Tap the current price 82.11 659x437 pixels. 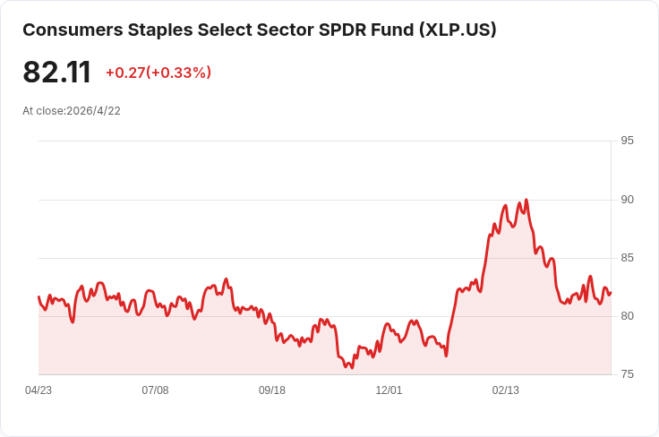[x=57, y=73]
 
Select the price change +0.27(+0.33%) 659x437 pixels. [x=158, y=73]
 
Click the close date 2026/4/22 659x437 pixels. [x=93, y=111]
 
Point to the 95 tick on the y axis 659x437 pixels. [x=627, y=141]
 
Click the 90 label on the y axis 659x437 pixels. [x=627, y=200]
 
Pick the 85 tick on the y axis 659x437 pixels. [x=627, y=258]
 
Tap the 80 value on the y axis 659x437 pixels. [x=627, y=316]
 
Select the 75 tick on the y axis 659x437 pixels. [x=627, y=374]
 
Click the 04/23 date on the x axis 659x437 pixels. [x=39, y=390]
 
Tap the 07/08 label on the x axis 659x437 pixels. [x=155, y=390]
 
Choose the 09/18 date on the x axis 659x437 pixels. [x=272, y=390]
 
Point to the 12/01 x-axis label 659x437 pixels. [x=389, y=390]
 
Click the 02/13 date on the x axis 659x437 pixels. [x=506, y=390]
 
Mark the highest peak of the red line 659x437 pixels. [x=526, y=200]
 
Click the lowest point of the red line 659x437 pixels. [x=352, y=367]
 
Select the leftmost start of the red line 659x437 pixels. [x=39, y=296]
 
